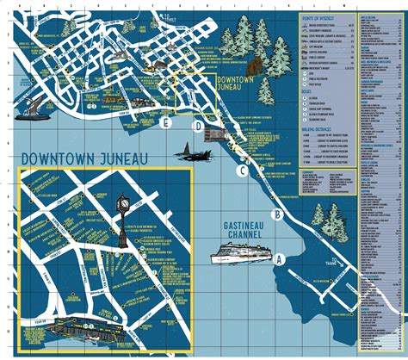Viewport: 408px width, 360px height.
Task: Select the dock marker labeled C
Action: (x=244, y=171)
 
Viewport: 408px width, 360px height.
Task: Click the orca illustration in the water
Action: (x=190, y=154)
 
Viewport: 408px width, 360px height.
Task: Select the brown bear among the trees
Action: (x=255, y=65)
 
